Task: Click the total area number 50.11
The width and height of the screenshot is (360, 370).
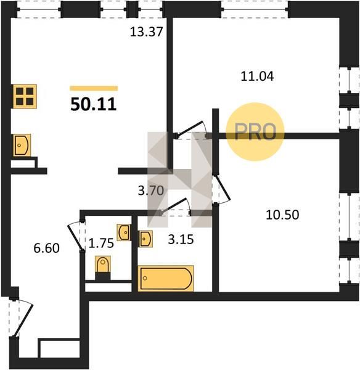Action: tap(94, 104)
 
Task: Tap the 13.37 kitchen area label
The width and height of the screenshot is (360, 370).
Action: tap(147, 32)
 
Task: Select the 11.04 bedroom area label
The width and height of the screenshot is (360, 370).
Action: tap(257, 76)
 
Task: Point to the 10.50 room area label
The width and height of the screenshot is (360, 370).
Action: tap(282, 215)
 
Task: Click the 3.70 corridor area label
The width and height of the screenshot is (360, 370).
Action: tap(151, 191)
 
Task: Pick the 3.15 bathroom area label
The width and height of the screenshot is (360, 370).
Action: tap(181, 239)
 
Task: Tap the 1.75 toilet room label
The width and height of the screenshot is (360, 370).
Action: tap(101, 243)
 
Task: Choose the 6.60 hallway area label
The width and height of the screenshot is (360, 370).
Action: tap(46, 249)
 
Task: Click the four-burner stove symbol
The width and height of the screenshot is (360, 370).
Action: tap(25, 96)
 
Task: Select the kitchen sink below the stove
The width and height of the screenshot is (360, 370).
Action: tap(22, 145)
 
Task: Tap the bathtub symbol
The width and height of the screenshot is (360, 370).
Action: tap(166, 278)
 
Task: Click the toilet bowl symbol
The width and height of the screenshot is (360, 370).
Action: tap(103, 265)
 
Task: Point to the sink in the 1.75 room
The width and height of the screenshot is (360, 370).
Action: tap(124, 232)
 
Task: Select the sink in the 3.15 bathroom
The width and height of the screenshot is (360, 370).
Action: tap(145, 239)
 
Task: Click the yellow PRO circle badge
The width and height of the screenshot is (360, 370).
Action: tap(255, 132)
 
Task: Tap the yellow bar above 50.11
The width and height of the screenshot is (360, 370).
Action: tap(94, 88)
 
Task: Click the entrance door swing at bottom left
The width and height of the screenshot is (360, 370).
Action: tap(23, 321)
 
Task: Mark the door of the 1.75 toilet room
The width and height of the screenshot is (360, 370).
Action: tap(76, 236)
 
